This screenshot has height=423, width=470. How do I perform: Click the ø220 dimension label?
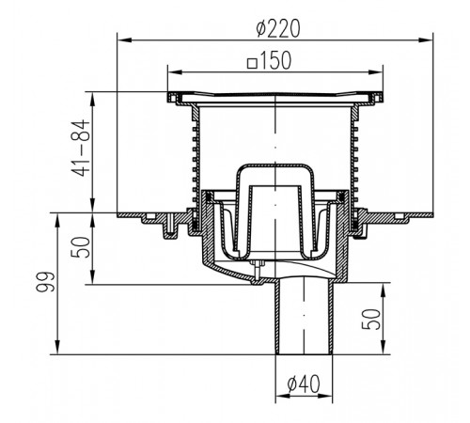pos(278,28)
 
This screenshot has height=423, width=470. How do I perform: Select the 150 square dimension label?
pos(270,61)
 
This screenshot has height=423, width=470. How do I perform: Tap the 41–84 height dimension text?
pos(81,148)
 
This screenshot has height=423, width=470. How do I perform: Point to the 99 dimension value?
pos(45,282)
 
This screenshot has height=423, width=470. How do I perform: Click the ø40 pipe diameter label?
pos(304,384)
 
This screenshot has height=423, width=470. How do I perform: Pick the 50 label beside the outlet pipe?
pos(371,319)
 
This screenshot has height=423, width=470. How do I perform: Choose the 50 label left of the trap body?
pos(81,247)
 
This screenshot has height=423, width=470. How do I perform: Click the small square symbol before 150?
pos(252,63)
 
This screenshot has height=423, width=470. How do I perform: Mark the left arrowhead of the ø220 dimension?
pos(124,39)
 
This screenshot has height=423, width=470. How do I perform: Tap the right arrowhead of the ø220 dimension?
pos(426,39)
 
